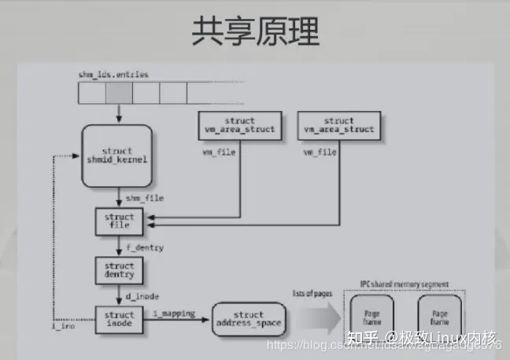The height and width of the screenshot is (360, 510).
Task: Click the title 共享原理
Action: click(x=256, y=32)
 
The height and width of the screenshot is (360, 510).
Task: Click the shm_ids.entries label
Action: click(x=113, y=74)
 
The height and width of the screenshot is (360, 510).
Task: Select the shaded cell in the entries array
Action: click(x=118, y=94)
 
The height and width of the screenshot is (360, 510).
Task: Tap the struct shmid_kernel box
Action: click(x=117, y=155)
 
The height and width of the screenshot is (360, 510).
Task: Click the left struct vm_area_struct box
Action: click(x=234, y=125)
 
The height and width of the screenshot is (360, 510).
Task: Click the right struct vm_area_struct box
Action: click(x=338, y=125)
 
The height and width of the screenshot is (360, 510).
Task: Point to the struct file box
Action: click(x=118, y=221)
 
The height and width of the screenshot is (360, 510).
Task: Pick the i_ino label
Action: click(x=65, y=325)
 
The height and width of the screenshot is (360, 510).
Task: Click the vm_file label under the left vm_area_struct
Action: click(x=216, y=150)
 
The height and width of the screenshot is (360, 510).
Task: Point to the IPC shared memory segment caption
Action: click(x=405, y=284)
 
